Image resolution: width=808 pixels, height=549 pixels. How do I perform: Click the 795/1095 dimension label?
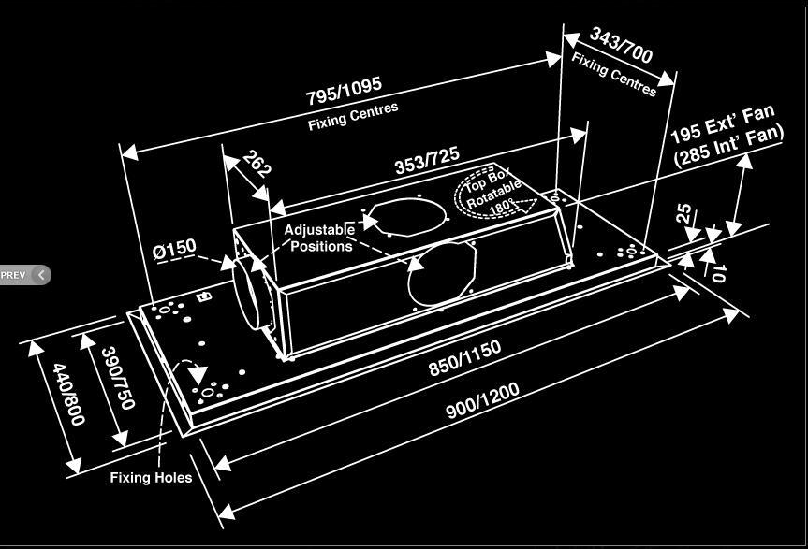(x=344, y=91)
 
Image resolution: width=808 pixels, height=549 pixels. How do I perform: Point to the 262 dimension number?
(x=257, y=164)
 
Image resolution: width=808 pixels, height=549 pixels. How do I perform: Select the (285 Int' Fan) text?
(x=728, y=146)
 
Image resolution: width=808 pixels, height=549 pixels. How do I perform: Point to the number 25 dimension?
(x=687, y=214)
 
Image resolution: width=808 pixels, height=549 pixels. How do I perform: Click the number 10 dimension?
(x=717, y=272)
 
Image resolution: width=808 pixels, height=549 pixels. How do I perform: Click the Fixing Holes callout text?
(x=151, y=478)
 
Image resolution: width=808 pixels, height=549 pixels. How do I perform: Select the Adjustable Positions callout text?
(x=320, y=238)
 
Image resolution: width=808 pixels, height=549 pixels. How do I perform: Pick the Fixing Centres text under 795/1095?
(x=353, y=116)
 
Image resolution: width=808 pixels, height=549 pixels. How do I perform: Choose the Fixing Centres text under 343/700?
(x=613, y=72)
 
